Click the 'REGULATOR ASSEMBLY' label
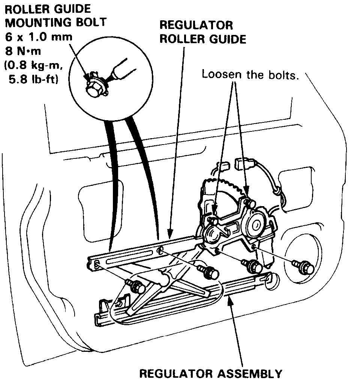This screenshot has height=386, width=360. click(x=210, y=374)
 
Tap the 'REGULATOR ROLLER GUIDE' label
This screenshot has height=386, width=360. click(x=202, y=32)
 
